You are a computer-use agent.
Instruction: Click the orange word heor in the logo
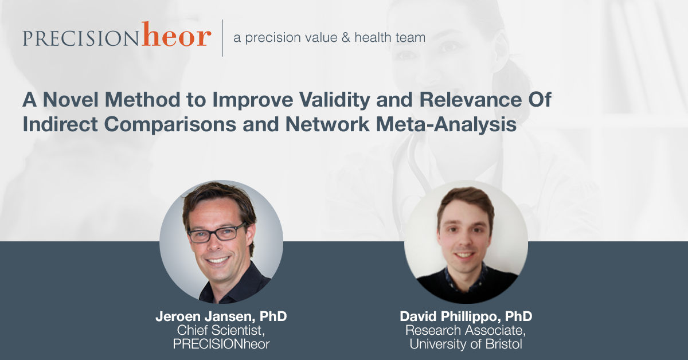coord(177,34)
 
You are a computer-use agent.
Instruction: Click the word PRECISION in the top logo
coord(81,38)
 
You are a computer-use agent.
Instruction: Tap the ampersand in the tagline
coord(346,38)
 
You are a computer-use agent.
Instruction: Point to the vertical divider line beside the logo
coord(222,38)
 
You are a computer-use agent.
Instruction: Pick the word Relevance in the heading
coord(470,100)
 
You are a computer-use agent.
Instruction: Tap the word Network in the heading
coord(327,124)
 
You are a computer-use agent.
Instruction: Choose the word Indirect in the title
coord(60,124)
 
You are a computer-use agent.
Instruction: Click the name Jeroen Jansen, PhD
coord(221,316)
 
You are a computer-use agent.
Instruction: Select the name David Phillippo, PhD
coord(466,316)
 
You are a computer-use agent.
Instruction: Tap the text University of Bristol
coord(466,344)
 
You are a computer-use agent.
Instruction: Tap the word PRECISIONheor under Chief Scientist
coord(221,344)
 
